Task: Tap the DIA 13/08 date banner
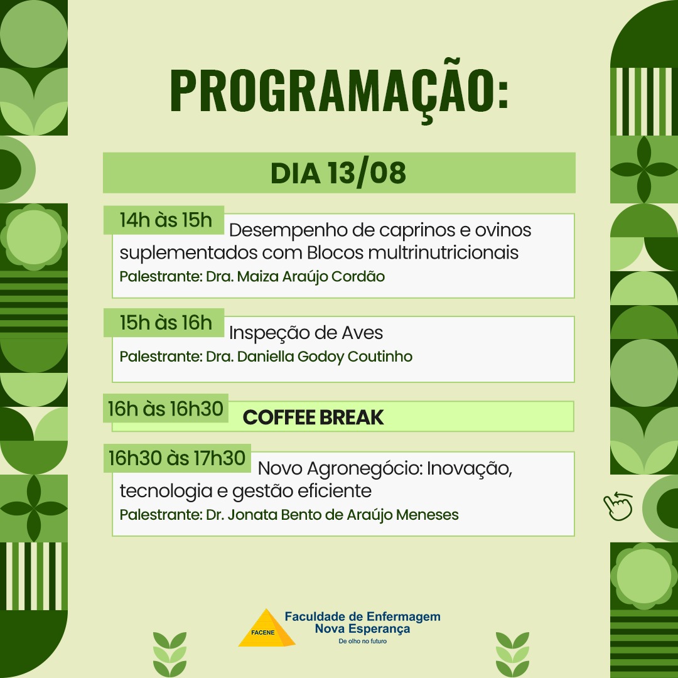(339, 173)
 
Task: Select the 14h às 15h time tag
(164, 220)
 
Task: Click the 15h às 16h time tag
(164, 323)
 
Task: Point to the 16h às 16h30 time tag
(166, 408)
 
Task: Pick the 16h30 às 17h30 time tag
(177, 458)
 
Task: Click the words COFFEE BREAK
(313, 417)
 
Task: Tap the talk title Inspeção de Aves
(306, 333)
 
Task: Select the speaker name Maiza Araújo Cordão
(311, 276)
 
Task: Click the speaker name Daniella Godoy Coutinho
(325, 357)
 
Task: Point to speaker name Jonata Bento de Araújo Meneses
(343, 515)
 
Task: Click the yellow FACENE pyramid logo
(266, 628)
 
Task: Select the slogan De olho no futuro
(362, 641)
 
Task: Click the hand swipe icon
(618, 506)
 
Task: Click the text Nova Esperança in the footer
(362, 628)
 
